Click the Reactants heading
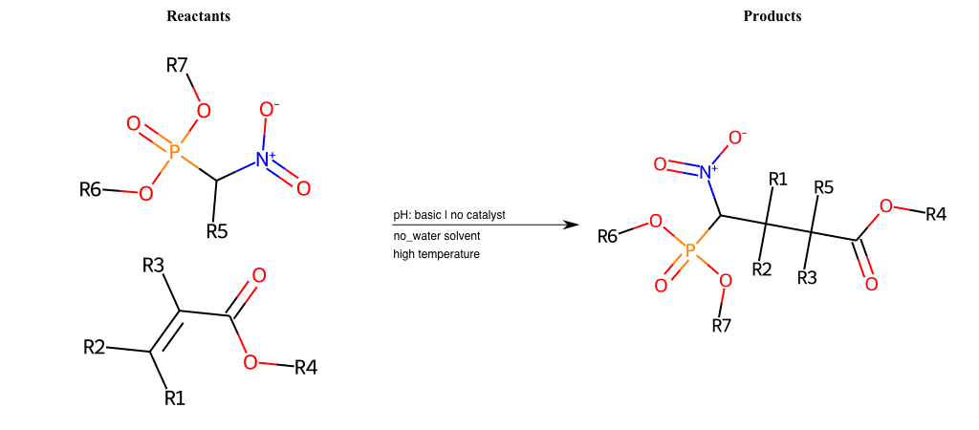click(x=198, y=17)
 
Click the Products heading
click(x=772, y=17)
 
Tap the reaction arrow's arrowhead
click(x=567, y=225)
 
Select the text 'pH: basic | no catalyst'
click(x=449, y=215)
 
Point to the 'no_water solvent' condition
click(x=436, y=236)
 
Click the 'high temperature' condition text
click(x=436, y=254)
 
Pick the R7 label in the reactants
click(x=177, y=65)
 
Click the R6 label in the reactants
click(x=90, y=190)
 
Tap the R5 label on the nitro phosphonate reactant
click(x=217, y=231)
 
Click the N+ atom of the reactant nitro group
click(x=266, y=161)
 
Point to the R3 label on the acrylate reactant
click(x=153, y=266)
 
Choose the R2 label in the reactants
click(x=95, y=348)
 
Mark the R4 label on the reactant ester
click(x=305, y=368)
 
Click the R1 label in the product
click(x=778, y=180)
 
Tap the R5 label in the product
click(x=823, y=187)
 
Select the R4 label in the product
click(x=935, y=215)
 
